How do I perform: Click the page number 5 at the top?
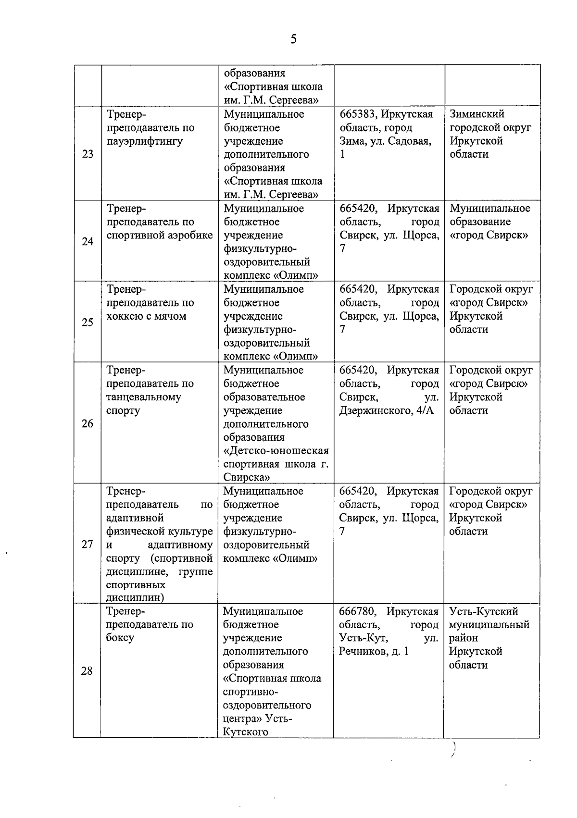pos(293,39)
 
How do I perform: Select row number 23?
pos(88,154)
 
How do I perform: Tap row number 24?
pos(88,241)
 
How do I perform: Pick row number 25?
pos(88,322)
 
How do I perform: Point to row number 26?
pos(88,423)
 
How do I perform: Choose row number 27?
pos(87,545)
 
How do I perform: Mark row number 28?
pos(87,671)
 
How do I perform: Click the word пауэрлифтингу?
pos(144,141)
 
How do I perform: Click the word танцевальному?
pos(143,397)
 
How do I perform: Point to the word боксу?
pos(120,638)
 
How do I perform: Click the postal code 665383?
pos(358,114)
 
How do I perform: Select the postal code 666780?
pos(357,611)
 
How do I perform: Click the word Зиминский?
pos(477,114)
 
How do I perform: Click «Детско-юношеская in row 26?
pos(276,451)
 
